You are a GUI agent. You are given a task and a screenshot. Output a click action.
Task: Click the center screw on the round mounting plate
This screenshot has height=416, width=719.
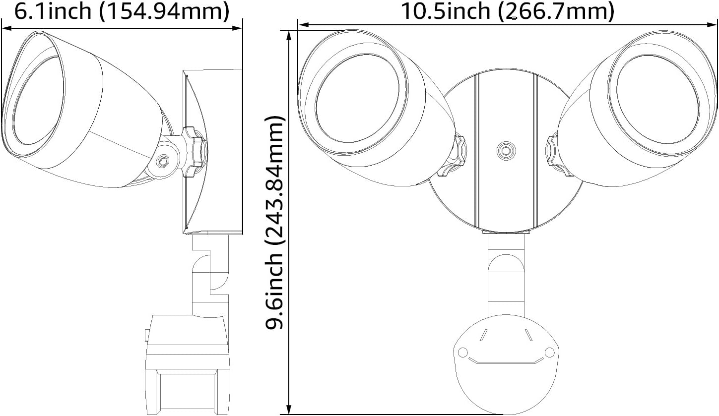click(x=506, y=150)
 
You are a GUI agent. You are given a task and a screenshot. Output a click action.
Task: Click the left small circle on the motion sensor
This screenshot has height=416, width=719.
click(x=462, y=353)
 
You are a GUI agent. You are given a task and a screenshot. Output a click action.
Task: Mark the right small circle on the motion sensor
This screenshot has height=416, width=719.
click(x=549, y=353)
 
